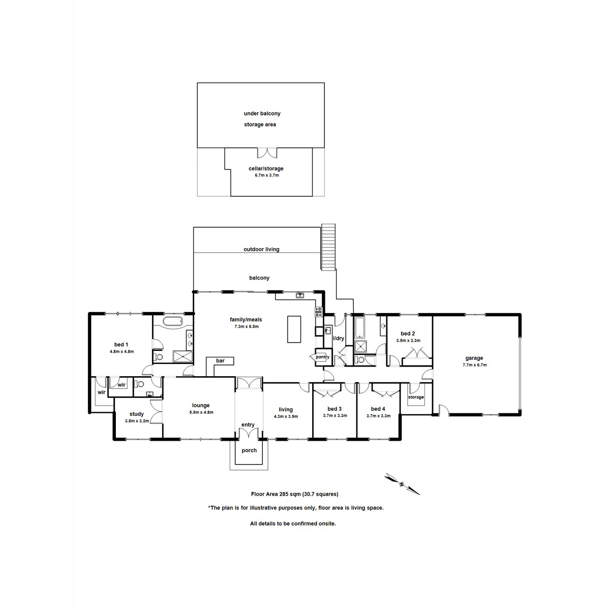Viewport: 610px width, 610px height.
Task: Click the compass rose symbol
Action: coord(402,484)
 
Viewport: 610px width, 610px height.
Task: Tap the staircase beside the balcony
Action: coord(329,247)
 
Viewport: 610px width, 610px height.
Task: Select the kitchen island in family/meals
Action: coord(294,329)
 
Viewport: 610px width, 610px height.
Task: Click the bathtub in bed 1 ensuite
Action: coord(172,322)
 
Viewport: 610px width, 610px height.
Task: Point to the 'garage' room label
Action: coord(475,358)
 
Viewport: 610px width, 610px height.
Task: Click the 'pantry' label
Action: coord(322,357)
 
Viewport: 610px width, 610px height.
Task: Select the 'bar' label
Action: coord(220,361)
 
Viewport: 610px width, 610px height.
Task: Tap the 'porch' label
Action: coord(249,450)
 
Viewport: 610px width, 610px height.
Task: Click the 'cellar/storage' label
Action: coord(266,169)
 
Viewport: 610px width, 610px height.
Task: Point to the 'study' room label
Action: coord(137,414)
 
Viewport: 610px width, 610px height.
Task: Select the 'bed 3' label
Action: coord(334,409)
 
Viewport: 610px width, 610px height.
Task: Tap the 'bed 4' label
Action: coord(378,409)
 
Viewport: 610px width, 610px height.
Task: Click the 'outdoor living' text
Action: coord(261,250)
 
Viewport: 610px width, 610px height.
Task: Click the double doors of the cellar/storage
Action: coord(266,152)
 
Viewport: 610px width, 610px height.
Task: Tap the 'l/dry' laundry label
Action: coord(339,338)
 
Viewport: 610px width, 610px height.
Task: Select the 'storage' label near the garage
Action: coord(416,397)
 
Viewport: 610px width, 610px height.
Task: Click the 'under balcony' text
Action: coord(262,114)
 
